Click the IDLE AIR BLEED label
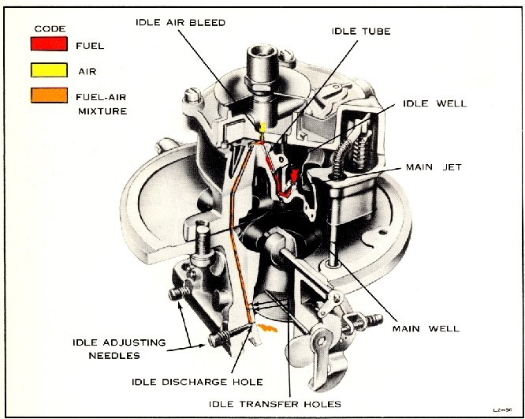181,23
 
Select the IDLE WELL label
434,103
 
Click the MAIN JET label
434,167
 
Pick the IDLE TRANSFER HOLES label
274,404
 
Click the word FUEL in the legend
89,45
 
